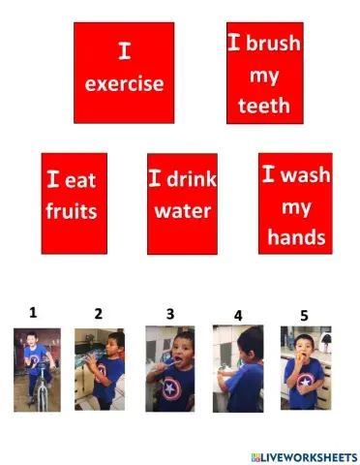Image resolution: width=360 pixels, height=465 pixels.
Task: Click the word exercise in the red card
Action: pos(124,84)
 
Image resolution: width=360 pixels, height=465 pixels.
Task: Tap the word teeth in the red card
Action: pos(264,106)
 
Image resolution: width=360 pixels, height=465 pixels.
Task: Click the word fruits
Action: pos(72,210)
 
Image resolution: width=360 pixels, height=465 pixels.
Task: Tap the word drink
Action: pos(193,179)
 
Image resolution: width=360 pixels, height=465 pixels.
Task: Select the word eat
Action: pos(84,179)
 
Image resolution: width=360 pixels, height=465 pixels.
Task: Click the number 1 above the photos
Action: pos(33,312)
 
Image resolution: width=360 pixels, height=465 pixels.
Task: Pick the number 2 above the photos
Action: pos(98,314)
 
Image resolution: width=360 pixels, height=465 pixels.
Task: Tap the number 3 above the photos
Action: pos(170,314)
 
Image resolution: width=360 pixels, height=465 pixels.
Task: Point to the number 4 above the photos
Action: pos(238,316)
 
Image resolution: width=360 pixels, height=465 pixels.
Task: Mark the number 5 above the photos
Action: pos(304,315)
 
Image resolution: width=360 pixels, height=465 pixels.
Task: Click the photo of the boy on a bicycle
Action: pos(37,369)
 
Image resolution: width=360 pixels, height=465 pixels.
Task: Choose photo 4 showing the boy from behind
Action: pos(238,369)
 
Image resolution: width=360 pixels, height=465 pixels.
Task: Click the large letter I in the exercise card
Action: pos(124,50)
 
